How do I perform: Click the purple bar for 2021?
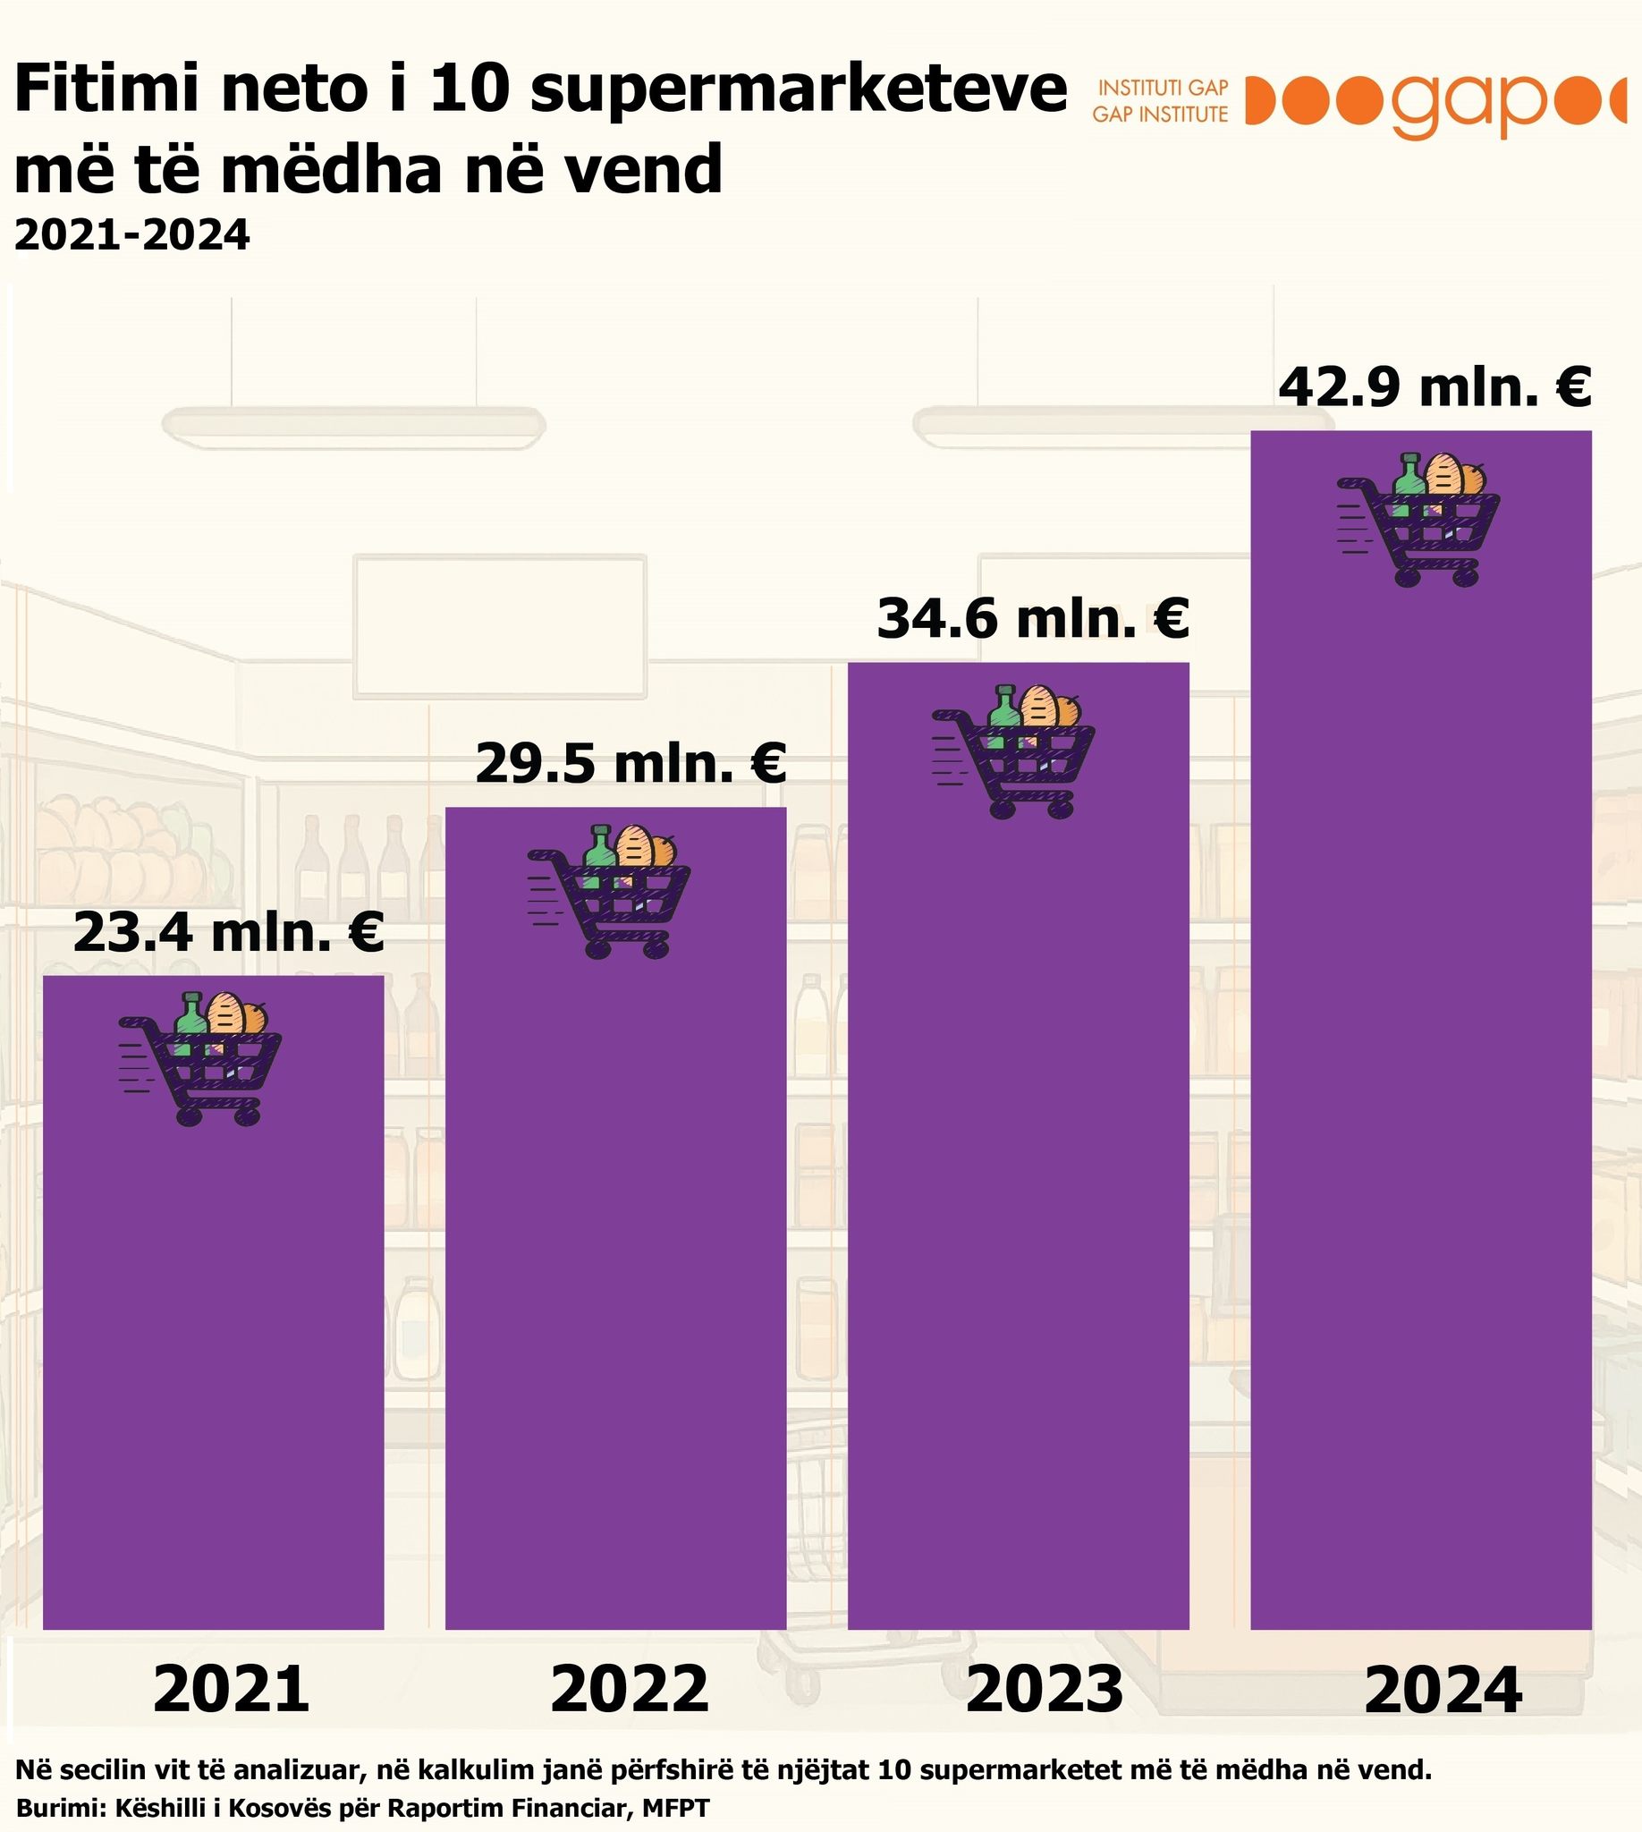[213, 1353]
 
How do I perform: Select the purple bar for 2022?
[615, 1263]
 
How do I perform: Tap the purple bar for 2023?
[1018, 1192]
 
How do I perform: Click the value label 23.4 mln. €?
[228, 932]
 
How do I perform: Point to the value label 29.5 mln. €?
[631, 764]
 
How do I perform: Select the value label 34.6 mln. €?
[1033, 619]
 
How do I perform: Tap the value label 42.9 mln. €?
[1435, 387]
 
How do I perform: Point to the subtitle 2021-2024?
[131, 235]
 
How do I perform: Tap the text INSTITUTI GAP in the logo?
[1163, 88]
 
